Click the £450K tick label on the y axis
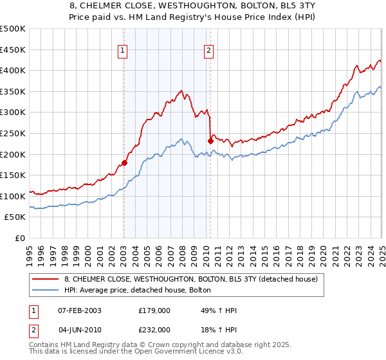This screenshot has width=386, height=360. [13, 50]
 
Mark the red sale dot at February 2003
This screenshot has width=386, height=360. [124, 163]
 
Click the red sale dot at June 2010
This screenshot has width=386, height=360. [210, 140]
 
